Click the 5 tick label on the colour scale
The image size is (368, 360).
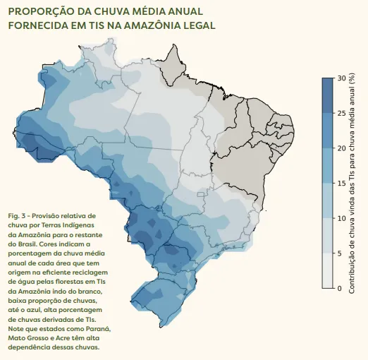click(x=340, y=253)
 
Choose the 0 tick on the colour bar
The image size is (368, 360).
click(x=340, y=288)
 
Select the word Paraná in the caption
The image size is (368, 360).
click(x=98, y=329)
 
